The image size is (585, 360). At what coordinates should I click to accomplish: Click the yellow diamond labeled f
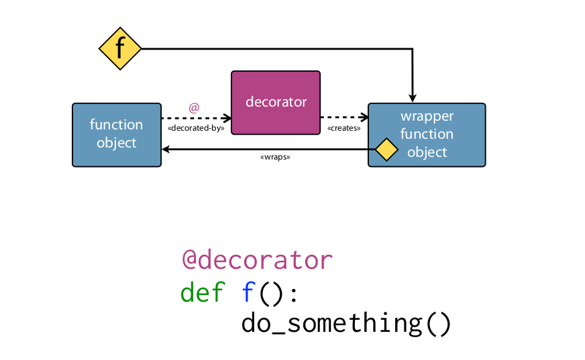click(120, 48)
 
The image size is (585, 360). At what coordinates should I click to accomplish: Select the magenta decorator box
click(276, 102)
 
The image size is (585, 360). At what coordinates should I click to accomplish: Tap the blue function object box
click(117, 134)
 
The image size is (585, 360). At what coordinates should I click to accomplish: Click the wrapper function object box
click(427, 134)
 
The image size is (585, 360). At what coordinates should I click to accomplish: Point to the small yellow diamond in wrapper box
click(386, 149)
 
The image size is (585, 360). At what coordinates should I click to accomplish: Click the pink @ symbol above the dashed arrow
click(194, 107)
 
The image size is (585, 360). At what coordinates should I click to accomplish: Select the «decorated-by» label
click(195, 127)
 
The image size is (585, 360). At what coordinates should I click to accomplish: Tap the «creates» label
click(343, 127)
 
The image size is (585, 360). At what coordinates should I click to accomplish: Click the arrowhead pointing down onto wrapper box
click(413, 99)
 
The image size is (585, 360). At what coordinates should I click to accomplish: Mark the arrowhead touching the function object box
click(166, 149)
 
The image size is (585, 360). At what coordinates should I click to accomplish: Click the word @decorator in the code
click(257, 259)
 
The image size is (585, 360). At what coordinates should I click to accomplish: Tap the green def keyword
click(203, 292)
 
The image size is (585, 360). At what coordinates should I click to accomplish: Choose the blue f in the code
click(248, 292)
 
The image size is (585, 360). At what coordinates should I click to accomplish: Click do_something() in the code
click(346, 323)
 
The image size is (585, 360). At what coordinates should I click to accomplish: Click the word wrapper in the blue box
click(427, 117)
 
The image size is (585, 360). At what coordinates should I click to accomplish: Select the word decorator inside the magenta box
click(276, 102)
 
